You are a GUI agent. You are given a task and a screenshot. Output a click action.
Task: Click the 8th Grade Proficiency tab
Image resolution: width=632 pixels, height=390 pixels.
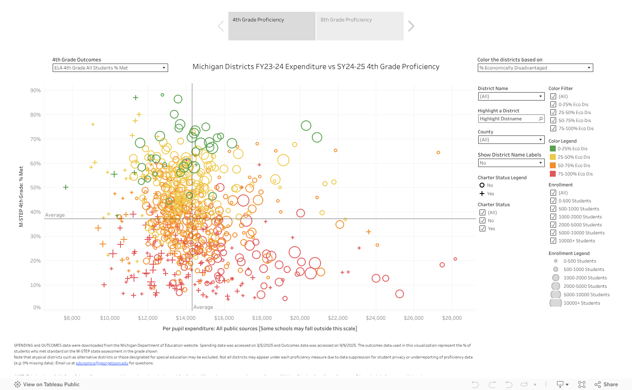tap(359, 26)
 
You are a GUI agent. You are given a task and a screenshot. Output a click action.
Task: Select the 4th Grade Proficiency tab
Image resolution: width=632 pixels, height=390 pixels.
tap(272, 26)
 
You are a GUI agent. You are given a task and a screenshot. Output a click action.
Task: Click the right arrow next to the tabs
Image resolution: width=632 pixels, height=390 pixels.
tap(411, 26)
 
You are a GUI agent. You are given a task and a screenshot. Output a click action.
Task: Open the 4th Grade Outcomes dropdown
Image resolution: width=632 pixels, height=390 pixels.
tap(110, 68)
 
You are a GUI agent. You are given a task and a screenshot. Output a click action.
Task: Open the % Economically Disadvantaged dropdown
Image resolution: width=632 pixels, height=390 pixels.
tap(535, 68)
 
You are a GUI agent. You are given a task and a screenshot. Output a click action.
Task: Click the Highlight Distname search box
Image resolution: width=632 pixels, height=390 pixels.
tap(511, 119)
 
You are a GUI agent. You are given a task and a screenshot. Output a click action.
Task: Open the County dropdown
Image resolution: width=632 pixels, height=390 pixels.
tap(511, 140)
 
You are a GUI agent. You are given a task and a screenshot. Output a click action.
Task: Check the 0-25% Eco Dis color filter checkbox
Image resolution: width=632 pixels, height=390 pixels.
tap(553, 104)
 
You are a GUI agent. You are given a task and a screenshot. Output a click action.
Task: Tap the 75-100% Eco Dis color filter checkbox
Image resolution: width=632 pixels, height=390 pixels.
tap(553, 128)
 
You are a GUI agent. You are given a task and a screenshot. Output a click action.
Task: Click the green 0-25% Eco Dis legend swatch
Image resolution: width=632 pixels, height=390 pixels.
tap(553, 149)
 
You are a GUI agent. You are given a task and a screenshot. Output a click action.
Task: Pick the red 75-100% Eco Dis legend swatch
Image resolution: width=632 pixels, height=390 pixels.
tap(553, 174)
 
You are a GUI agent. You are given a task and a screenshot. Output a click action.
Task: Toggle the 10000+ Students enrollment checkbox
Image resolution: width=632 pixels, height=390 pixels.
tap(553, 241)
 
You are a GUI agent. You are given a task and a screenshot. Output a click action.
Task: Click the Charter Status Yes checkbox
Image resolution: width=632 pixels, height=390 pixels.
tap(482, 228)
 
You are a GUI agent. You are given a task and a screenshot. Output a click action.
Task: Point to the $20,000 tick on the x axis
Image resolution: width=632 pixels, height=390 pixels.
tap(300, 318)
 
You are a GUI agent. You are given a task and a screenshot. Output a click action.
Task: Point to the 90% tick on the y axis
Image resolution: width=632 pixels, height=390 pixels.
tap(35, 90)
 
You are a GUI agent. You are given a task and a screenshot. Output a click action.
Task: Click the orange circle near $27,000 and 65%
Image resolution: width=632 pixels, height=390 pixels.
tap(438, 153)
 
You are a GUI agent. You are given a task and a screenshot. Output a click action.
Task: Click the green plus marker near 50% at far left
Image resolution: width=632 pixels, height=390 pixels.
tap(66, 187)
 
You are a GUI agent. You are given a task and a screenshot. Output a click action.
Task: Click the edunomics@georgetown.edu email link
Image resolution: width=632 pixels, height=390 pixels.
tap(102, 363)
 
